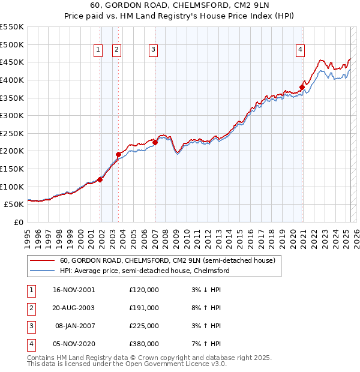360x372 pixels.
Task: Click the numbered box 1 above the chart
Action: pos(97,50)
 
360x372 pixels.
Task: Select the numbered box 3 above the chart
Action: pos(153,50)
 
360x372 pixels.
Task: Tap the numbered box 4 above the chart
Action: pos(299,50)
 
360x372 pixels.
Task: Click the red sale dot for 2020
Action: pos(302,87)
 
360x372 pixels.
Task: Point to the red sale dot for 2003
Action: pos(118,154)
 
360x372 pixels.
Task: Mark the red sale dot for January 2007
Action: pos(155,142)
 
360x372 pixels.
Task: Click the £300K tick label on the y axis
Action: pos(12,115)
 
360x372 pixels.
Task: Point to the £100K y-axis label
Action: pos(12,187)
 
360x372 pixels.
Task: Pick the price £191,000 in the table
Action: pos(144,308)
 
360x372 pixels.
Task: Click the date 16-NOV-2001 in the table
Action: pos(74,290)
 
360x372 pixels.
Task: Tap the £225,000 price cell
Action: pos(144,326)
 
